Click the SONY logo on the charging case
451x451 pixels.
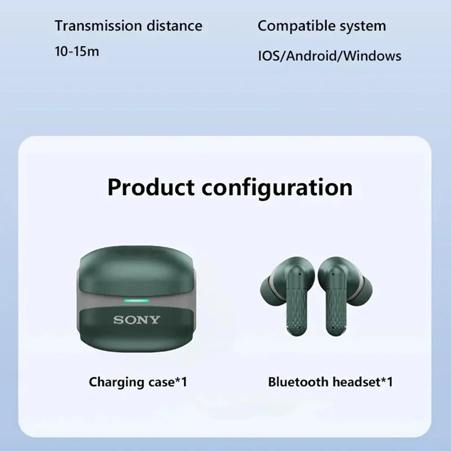click(x=137, y=320)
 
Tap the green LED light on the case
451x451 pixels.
click(x=136, y=300)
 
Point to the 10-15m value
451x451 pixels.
click(x=77, y=52)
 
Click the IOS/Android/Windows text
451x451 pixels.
click(x=329, y=56)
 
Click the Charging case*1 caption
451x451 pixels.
click(x=138, y=382)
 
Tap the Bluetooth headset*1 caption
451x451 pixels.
click(x=330, y=382)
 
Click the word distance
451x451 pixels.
click(x=175, y=25)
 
